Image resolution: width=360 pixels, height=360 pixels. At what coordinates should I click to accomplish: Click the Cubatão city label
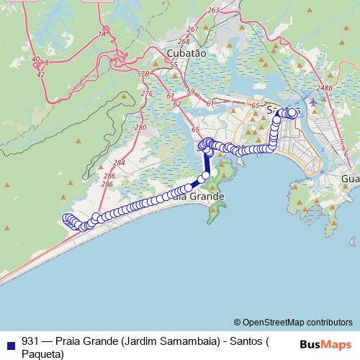tap(186, 53)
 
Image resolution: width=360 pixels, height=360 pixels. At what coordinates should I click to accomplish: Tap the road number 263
tap(212, 10)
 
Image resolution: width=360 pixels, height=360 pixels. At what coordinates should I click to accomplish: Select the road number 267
tap(192, 29)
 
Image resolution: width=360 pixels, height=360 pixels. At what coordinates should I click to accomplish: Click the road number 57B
tap(143, 74)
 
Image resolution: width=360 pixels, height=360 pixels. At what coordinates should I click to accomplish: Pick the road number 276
tap(147, 94)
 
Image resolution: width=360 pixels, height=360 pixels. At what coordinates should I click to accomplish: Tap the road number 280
tap(140, 127)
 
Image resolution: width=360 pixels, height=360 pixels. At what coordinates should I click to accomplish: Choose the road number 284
tap(119, 163)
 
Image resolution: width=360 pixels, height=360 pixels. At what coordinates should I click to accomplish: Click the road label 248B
tap(325, 88)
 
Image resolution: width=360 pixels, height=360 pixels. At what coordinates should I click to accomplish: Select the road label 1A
tap(102, 33)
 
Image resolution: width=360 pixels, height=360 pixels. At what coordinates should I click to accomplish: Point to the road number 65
tap(196, 128)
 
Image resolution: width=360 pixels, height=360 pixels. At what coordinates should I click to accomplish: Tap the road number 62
tap(177, 104)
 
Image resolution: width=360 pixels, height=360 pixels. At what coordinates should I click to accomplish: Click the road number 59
tap(190, 91)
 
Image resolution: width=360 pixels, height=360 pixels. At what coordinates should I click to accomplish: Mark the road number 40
tap(36, 60)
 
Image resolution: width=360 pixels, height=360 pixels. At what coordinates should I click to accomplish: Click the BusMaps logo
tap(325, 344)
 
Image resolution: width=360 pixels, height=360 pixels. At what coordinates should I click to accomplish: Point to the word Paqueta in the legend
tap(43, 353)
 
